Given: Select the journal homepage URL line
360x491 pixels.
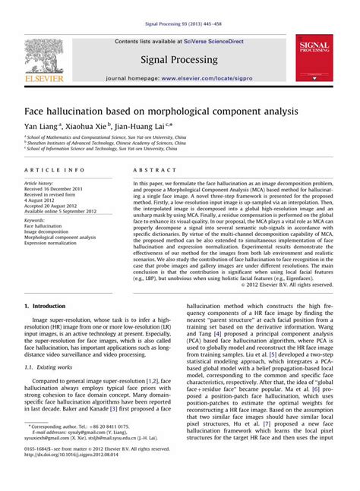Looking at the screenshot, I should point(179,78).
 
